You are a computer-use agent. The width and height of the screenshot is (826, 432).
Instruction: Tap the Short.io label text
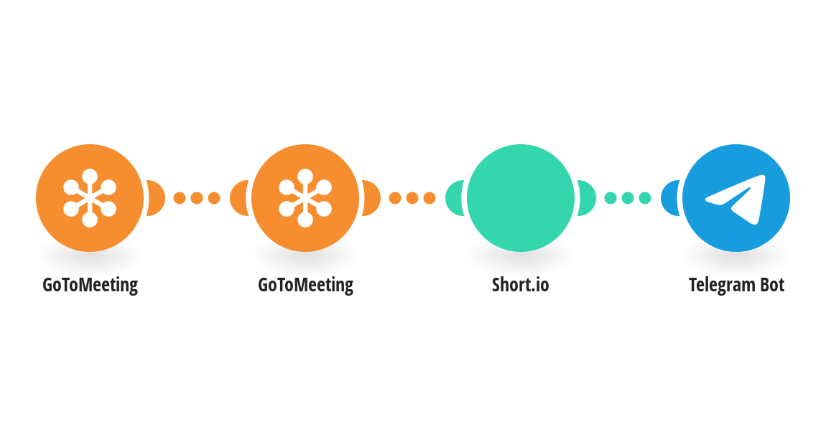pyautogui.click(x=521, y=285)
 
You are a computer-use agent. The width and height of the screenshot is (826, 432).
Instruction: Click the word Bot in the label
pyautogui.click(x=771, y=285)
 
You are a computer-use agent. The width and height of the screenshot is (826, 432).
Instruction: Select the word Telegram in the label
pyautogui.click(x=722, y=286)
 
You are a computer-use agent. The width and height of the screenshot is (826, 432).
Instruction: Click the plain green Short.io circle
pyautogui.click(x=521, y=198)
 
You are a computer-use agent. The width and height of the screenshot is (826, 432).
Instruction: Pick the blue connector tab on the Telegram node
pyautogui.click(x=670, y=198)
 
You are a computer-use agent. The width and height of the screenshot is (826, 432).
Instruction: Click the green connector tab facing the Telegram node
pyautogui.click(x=586, y=198)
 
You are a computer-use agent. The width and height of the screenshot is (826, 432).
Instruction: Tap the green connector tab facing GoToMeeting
pyautogui.click(x=455, y=198)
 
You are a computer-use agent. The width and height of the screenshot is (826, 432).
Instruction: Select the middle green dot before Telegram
pyautogui.click(x=628, y=198)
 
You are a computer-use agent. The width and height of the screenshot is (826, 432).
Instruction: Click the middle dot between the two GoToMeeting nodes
pyautogui.click(x=197, y=198)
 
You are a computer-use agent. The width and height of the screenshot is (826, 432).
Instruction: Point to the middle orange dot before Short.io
pyautogui.click(x=412, y=198)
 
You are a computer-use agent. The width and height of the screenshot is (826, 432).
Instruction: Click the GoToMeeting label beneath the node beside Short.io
pyautogui.click(x=305, y=286)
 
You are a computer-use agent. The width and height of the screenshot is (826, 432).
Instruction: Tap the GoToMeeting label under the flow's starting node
pyautogui.click(x=90, y=286)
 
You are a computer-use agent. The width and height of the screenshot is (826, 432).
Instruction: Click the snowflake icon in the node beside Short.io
pyautogui.click(x=305, y=198)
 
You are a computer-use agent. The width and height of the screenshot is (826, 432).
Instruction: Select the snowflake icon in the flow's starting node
pyautogui.click(x=90, y=198)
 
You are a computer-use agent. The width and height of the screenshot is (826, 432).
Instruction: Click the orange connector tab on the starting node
pyautogui.click(x=156, y=198)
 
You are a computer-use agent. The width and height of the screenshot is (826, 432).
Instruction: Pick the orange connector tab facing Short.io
pyautogui.click(x=371, y=198)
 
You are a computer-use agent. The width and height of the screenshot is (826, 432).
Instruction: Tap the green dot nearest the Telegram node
pyautogui.click(x=645, y=198)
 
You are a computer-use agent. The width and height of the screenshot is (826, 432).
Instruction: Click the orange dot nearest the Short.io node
pyautogui.click(x=430, y=198)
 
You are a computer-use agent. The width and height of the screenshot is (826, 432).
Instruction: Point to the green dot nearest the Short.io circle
pyautogui.click(x=610, y=198)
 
